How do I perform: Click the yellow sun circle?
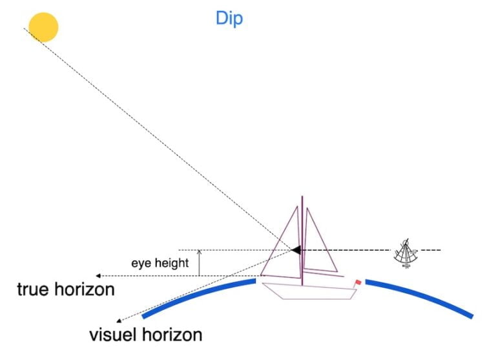click(x=43, y=26)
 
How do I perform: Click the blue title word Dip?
click(x=229, y=19)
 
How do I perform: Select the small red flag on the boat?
click(x=357, y=283)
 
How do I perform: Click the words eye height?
click(x=160, y=263)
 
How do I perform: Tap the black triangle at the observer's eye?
click(x=296, y=249)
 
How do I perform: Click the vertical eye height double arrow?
click(x=200, y=262)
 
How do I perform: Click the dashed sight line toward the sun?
click(x=161, y=139)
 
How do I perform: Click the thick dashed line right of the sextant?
click(x=429, y=249)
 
